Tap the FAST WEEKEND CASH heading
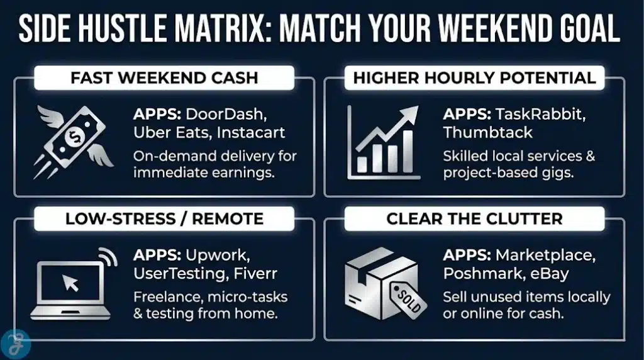pos(164,78)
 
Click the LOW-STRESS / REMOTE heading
pos(164,218)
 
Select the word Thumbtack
pos(487,133)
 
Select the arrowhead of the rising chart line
pos(410,115)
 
